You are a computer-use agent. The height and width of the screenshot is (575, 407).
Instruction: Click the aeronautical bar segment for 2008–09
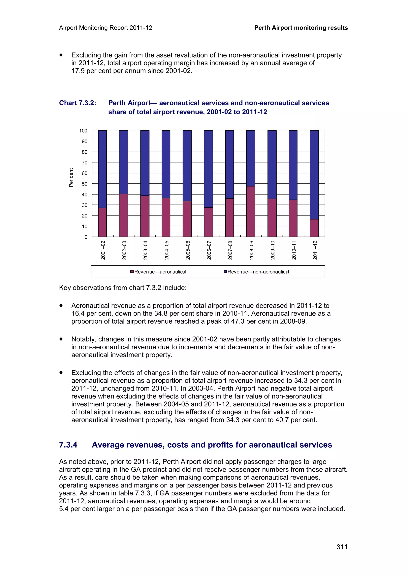pos(251,212)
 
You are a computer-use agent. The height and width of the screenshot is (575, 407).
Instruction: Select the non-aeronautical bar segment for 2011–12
pos(314,175)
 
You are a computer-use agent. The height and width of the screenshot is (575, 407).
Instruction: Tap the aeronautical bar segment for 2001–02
pos(102,222)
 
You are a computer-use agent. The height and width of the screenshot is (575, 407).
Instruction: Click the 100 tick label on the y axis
pos(83,131)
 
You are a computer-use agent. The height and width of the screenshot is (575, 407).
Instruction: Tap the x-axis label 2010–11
pos(294,250)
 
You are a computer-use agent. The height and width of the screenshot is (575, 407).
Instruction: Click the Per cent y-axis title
pos(71,177)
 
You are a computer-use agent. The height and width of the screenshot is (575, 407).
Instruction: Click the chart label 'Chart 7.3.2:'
pos(78,103)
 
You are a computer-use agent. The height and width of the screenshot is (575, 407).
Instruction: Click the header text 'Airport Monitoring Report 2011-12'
pos(106,28)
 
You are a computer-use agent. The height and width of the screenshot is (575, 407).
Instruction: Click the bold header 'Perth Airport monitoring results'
pos(301,28)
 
